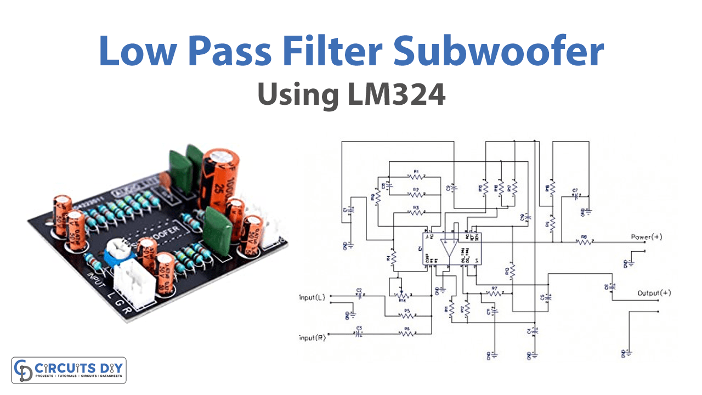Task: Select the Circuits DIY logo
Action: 69,370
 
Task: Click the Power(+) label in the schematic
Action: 646,237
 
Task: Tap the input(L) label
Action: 312,297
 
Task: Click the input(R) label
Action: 312,338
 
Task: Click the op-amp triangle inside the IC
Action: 450,250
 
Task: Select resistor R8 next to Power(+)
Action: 584,241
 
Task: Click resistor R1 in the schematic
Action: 415,177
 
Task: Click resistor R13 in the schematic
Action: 512,270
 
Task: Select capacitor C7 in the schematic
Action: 576,196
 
